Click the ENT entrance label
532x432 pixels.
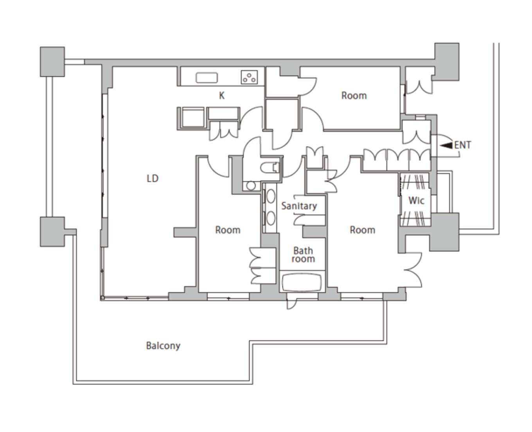pos(462,145)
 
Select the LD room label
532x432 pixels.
pos(152,179)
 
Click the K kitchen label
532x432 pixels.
pos(221,96)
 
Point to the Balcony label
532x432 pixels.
pos(163,346)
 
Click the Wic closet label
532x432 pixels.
pos(416,201)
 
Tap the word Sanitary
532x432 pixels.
pos(299,206)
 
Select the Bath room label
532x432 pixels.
pos(303,255)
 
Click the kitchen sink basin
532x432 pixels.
pos(207,78)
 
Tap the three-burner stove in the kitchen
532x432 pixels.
pos(249,77)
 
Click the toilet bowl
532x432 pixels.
pos(270,168)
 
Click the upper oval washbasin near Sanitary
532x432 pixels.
pos(271,196)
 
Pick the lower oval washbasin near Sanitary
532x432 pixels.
pos(271,218)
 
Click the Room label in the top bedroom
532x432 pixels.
pos(354,96)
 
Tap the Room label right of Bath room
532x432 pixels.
pos(362,230)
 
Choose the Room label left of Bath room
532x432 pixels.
pos(228,230)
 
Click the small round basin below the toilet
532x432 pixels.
pos(251,186)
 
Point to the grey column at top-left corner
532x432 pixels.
pos(52,61)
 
